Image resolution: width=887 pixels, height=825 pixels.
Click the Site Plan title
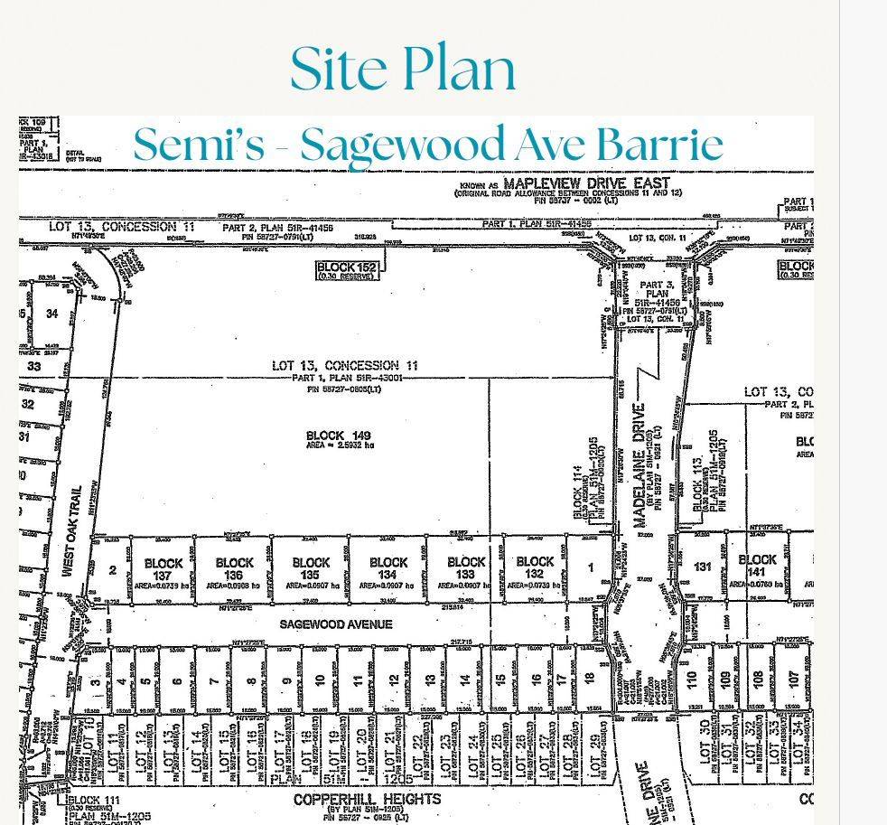click(x=403, y=69)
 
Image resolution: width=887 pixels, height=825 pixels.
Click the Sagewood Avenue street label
click(x=335, y=624)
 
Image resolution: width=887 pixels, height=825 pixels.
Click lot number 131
click(x=703, y=567)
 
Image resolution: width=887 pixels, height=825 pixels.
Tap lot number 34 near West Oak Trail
click(x=51, y=314)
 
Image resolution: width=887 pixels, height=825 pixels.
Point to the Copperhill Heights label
click(x=367, y=800)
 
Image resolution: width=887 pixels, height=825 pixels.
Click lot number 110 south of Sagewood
click(x=692, y=678)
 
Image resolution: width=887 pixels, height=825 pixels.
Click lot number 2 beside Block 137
click(x=113, y=570)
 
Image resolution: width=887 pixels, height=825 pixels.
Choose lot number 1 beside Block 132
click(x=591, y=567)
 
